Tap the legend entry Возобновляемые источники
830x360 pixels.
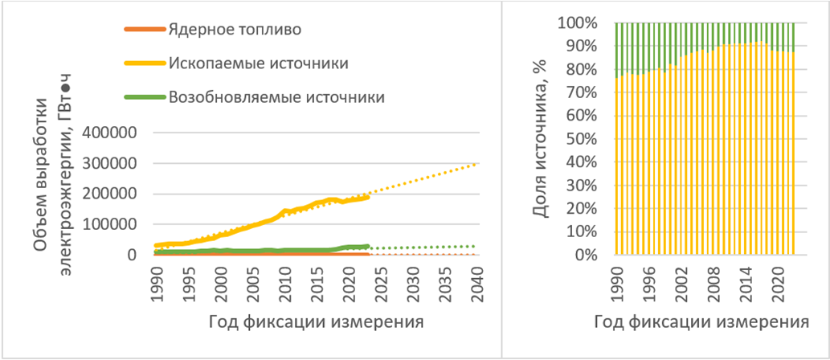coord(276,96)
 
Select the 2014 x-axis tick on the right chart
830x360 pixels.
coord(746,280)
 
